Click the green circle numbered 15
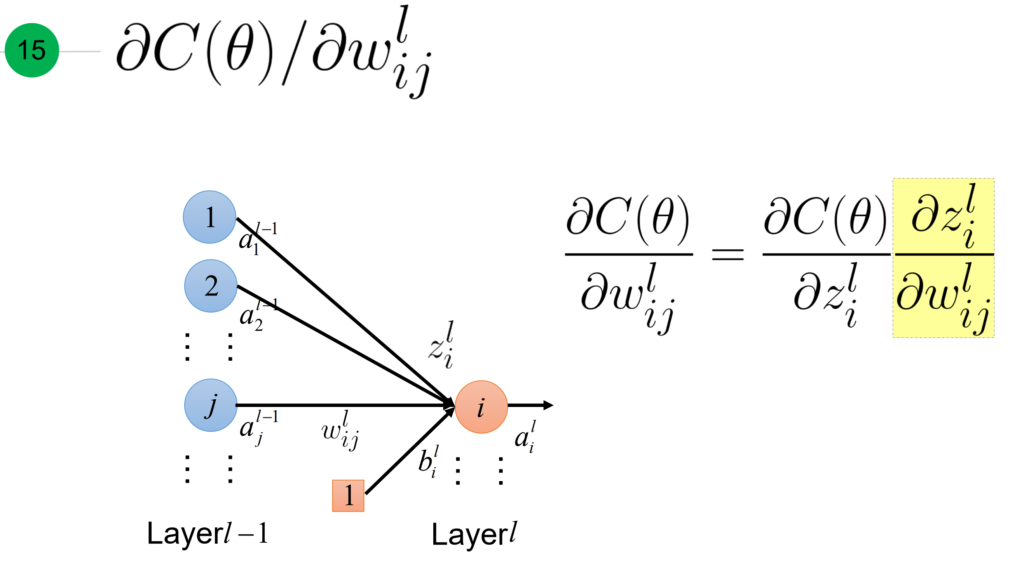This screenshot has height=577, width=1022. [32, 50]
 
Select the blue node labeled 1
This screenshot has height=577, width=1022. [209, 217]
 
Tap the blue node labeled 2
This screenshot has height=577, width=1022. [211, 285]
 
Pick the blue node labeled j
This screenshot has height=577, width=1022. [211, 405]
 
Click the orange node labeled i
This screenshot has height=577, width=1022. [481, 407]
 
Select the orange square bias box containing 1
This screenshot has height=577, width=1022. [348, 495]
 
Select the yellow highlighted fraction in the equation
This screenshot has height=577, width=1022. [943, 258]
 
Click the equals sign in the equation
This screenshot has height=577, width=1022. [727, 255]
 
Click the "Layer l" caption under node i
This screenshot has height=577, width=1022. [474, 534]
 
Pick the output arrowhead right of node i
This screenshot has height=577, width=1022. [548, 405]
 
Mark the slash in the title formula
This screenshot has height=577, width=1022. [294, 54]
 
